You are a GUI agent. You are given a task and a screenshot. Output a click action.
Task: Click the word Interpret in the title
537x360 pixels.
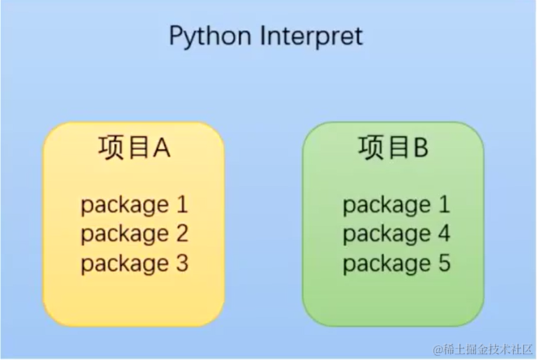pos(312,36)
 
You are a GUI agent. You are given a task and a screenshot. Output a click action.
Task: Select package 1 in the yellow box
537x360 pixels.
pos(134,205)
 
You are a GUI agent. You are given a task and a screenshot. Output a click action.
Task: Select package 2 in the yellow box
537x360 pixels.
pos(134,235)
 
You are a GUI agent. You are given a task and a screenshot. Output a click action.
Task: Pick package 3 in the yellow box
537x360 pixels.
pos(134,264)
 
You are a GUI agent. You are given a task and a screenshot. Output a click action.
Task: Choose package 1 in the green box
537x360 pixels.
pos(396,205)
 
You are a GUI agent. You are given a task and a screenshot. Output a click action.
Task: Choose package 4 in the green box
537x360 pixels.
pos(396,235)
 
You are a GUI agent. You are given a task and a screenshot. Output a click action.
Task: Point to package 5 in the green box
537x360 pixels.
pos(396,264)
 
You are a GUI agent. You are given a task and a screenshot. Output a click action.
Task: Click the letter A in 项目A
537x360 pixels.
pos(161,148)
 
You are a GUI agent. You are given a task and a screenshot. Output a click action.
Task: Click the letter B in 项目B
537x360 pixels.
pos(420,148)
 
